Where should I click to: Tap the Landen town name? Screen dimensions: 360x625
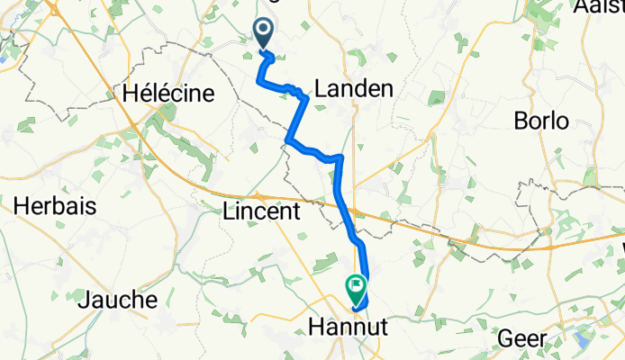(x=354, y=88)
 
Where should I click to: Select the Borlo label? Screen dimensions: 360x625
(x=540, y=121)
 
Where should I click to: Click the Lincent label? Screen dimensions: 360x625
(x=260, y=212)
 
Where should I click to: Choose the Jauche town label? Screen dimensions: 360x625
(x=118, y=300)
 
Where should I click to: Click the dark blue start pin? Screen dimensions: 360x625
(x=265, y=34)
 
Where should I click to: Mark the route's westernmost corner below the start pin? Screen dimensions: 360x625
(x=258, y=82)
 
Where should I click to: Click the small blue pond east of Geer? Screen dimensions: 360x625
(x=581, y=339)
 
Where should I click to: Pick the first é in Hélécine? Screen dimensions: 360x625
(x=149, y=93)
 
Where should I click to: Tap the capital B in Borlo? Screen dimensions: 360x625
(x=520, y=121)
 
